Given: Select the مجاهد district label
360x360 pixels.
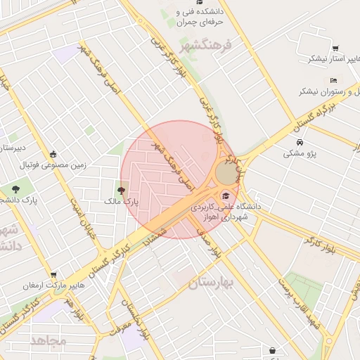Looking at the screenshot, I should click(x=49, y=340).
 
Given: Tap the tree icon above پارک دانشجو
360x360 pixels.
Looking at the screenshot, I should click(x=16, y=189).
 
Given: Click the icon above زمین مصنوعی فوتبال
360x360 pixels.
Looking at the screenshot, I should click(x=53, y=155).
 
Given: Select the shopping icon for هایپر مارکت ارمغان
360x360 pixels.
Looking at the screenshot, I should click(x=53, y=274).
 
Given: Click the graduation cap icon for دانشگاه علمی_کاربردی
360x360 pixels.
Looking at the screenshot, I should click(x=225, y=195).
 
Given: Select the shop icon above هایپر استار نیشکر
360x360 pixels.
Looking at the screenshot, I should click(x=335, y=49).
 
